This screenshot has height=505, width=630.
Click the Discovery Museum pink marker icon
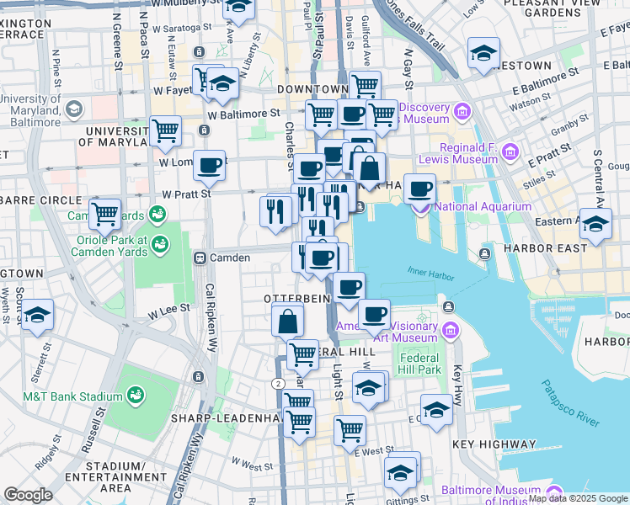pyautogui.click(x=462, y=111)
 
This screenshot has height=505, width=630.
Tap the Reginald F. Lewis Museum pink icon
pyautogui.click(x=510, y=152)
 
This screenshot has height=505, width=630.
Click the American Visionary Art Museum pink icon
pyautogui.click(x=451, y=330)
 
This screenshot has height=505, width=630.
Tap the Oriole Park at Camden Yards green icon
pyautogui.click(x=158, y=244)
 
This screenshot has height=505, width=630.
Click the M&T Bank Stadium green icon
pyautogui.click(x=134, y=396)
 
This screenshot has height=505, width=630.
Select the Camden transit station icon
pyautogui.click(x=200, y=258)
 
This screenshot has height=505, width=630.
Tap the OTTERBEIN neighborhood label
pyautogui.click(x=294, y=299)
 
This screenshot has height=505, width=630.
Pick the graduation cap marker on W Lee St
pyautogui.click(x=37, y=316)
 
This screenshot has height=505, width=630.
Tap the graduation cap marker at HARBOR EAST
pyautogui.click(x=595, y=225)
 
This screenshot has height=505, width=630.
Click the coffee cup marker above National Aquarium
pyautogui.click(x=419, y=189)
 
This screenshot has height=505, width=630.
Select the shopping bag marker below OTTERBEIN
pyautogui.click(x=288, y=320)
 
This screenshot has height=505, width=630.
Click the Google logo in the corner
pyautogui.click(x=28, y=495)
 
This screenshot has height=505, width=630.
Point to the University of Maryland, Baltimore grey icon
pyautogui.click(x=74, y=109)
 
